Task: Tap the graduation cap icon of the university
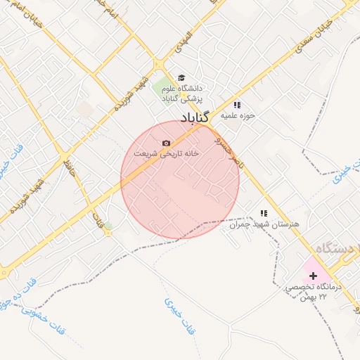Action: [x=181, y=77]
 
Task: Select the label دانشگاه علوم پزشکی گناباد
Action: [x=181, y=94]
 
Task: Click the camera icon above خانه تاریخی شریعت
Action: [x=166, y=143]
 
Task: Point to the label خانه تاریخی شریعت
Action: [x=167, y=153]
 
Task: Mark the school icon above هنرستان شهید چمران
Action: [x=264, y=212]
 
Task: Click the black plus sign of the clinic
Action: [x=313, y=276]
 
